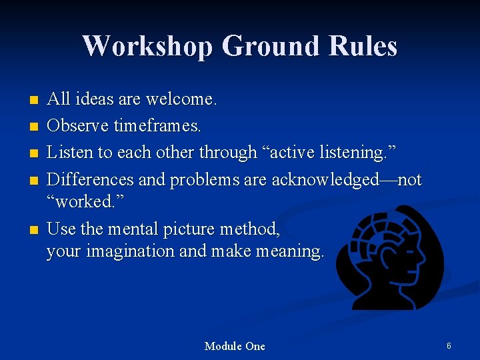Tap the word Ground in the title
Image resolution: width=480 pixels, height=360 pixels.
(271, 46)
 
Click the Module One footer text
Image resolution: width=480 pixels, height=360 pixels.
(235, 346)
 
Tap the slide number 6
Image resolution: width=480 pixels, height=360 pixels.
(449, 346)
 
